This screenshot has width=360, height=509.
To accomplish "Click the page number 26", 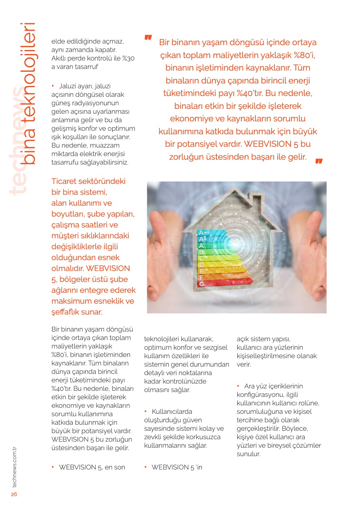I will pyautogui.click(x=14, y=494).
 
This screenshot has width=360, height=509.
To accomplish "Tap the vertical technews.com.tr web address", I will pyautogui.click(x=15, y=467).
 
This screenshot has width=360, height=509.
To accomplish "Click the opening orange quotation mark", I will pyautogui.click(x=148, y=38).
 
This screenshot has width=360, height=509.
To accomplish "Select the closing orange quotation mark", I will pyautogui.click(x=319, y=161).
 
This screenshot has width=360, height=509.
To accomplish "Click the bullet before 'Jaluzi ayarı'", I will pyautogui.click(x=53, y=86).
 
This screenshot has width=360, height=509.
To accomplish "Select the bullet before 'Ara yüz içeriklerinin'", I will pyautogui.click(x=238, y=386).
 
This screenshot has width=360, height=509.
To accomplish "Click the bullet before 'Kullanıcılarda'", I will pyautogui.click(x=146, y=411).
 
